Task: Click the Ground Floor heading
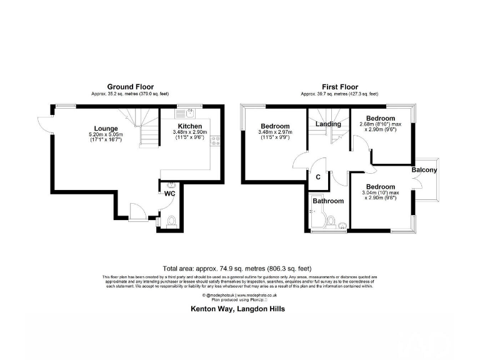130,87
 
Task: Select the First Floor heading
339,87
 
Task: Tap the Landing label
328,124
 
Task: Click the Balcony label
424,170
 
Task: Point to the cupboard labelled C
318,177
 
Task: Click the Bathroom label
328,201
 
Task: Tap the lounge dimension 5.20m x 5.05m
106,135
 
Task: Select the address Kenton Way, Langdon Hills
237,309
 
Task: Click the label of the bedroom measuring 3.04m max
381,187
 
